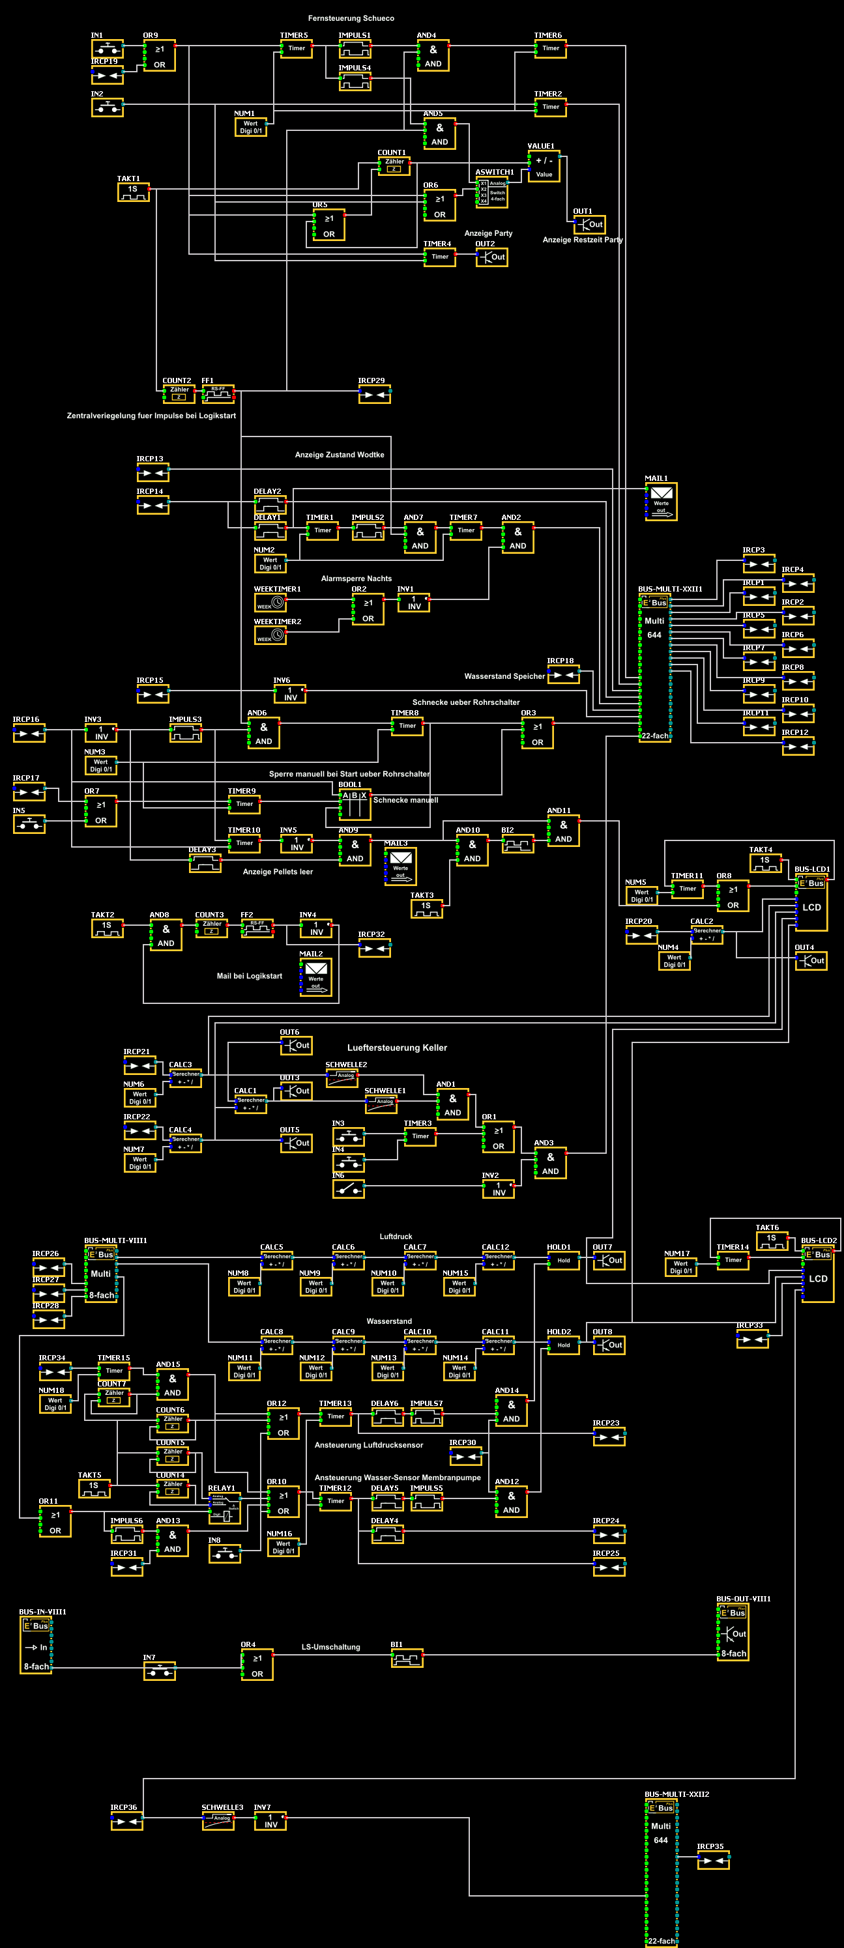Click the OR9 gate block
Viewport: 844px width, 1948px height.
click(160, 56)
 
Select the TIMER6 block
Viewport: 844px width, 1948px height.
click(551, 48)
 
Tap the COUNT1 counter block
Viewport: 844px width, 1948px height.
click(394, 165)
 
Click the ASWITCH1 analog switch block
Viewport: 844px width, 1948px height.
click(492, 192)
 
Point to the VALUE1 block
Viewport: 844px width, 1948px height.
click(544, 166)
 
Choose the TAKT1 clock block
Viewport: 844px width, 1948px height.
click(133, 192)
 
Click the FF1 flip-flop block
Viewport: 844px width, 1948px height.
click(218, 394)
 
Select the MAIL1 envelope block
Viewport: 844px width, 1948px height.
click(661, 502)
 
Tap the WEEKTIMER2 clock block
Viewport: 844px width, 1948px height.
click(270, 635)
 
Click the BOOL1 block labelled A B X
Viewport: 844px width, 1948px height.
click(354, 805)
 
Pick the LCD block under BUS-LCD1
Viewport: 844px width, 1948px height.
click(811, 907)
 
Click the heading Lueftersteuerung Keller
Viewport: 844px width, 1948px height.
click(397, 1048)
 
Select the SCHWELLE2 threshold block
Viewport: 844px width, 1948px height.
click(342, 1078)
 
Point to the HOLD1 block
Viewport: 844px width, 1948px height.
click(563, 1260)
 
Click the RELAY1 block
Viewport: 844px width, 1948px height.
click(225, 1507)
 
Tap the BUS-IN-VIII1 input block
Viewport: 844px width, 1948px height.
click(36, 1646)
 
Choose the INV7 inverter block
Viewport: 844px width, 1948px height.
click(270, 1820)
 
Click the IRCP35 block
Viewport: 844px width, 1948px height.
click(713, 1859)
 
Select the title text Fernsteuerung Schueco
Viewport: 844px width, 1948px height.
click(351, 18)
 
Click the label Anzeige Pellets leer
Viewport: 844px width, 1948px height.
click(278, 871)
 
